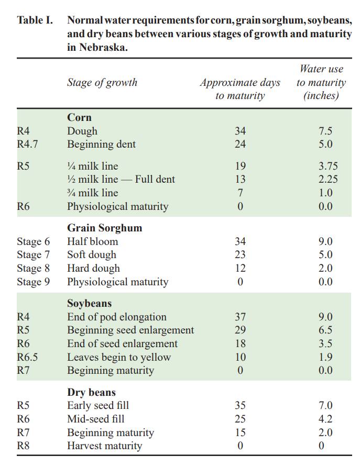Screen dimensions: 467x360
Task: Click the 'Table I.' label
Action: [x=35, y=21]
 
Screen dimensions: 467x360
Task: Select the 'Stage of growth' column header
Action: [x=102, y=82]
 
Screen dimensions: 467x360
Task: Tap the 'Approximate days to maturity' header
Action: [x=240, y=89]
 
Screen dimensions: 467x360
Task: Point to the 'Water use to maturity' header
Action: [x=321, y=82]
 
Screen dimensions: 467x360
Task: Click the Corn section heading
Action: [x=79, y=118]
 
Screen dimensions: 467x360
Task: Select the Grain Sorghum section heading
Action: [x=104, y=228]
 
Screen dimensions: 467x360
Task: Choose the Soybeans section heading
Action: [x=89, y=304]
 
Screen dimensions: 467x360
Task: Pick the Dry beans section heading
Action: [x=91, y=392]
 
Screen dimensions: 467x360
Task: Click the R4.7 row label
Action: [x=27, y=144]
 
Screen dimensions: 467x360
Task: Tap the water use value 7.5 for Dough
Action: [x=325, y=131]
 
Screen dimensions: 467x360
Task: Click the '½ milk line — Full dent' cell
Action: [x=121, y=179]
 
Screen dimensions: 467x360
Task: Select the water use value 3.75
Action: [x=328, y=166]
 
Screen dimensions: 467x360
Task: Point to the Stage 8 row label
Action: [x=33, y=268]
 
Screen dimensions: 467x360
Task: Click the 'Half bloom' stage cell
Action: [x=92, y=241]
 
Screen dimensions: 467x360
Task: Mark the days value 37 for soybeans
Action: [x=240, y=317]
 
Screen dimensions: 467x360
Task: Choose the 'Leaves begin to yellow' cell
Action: [x=119, y=357]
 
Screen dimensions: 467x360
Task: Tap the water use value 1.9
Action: [x=325, y=357]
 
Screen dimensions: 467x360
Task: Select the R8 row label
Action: [x=24, y=446]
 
